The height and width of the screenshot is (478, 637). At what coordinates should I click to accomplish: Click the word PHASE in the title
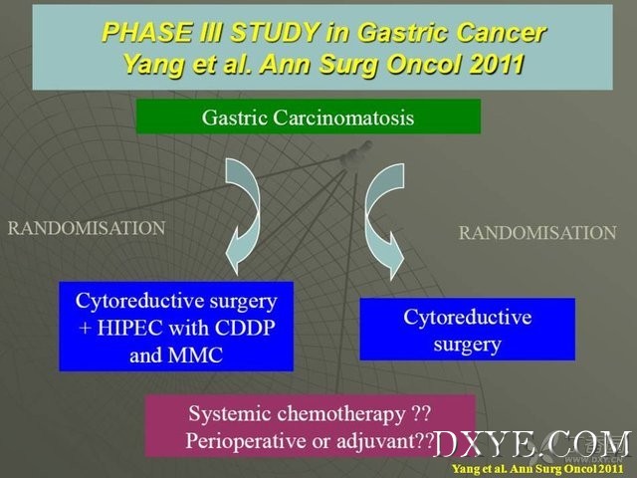pyautogui.click(x=148, y=33)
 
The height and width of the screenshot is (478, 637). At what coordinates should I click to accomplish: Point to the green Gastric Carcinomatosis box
pyautogui.click(x=308, y=117)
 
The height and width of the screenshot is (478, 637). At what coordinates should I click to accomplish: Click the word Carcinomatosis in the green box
pyautogui.click(x=343, y=118)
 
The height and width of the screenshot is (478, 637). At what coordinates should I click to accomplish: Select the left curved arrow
pyautogui.click(x=244, y=215)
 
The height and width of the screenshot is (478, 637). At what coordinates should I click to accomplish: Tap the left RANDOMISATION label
pyautogui.click(x=87, y=228)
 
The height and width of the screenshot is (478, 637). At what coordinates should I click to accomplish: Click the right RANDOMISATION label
pyautogui.click(x=537, y=233)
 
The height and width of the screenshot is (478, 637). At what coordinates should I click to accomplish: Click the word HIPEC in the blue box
pyautogui.click(x=129, y=328)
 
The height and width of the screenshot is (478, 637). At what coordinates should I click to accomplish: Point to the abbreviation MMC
pyautogui.click(x=195, y=355)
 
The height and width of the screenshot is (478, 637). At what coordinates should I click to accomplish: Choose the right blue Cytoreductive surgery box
pyautogui.click(x=467, y=330)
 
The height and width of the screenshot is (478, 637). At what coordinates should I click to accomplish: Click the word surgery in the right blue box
pyautogui.click(x=467, y=346)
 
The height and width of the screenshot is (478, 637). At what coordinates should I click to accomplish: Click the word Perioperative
pyautogui.click(x=246, y=441)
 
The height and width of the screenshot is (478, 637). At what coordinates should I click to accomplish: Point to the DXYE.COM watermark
pyautogui.click(x=532, y=444)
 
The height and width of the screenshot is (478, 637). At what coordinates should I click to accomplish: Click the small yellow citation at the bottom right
pyautogui.click(x=537, y=469)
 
